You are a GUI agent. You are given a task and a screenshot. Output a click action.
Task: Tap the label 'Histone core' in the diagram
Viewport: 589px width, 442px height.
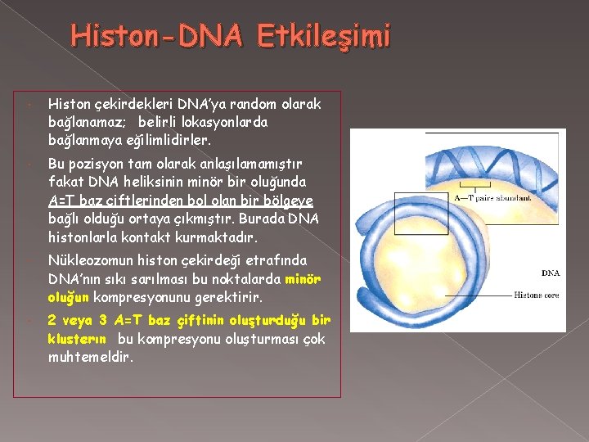(537, 295)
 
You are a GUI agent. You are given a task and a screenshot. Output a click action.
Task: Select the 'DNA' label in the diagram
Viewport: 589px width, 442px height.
(550, 273)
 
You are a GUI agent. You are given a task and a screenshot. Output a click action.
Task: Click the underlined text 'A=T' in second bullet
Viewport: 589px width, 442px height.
(61, 201)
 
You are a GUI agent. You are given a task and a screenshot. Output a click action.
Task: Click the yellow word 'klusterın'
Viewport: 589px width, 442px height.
(79, 338)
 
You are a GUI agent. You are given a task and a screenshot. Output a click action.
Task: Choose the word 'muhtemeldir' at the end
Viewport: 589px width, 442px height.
(91, 357)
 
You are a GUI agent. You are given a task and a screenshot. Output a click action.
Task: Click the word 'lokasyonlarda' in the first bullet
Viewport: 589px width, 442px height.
(227, 122)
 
